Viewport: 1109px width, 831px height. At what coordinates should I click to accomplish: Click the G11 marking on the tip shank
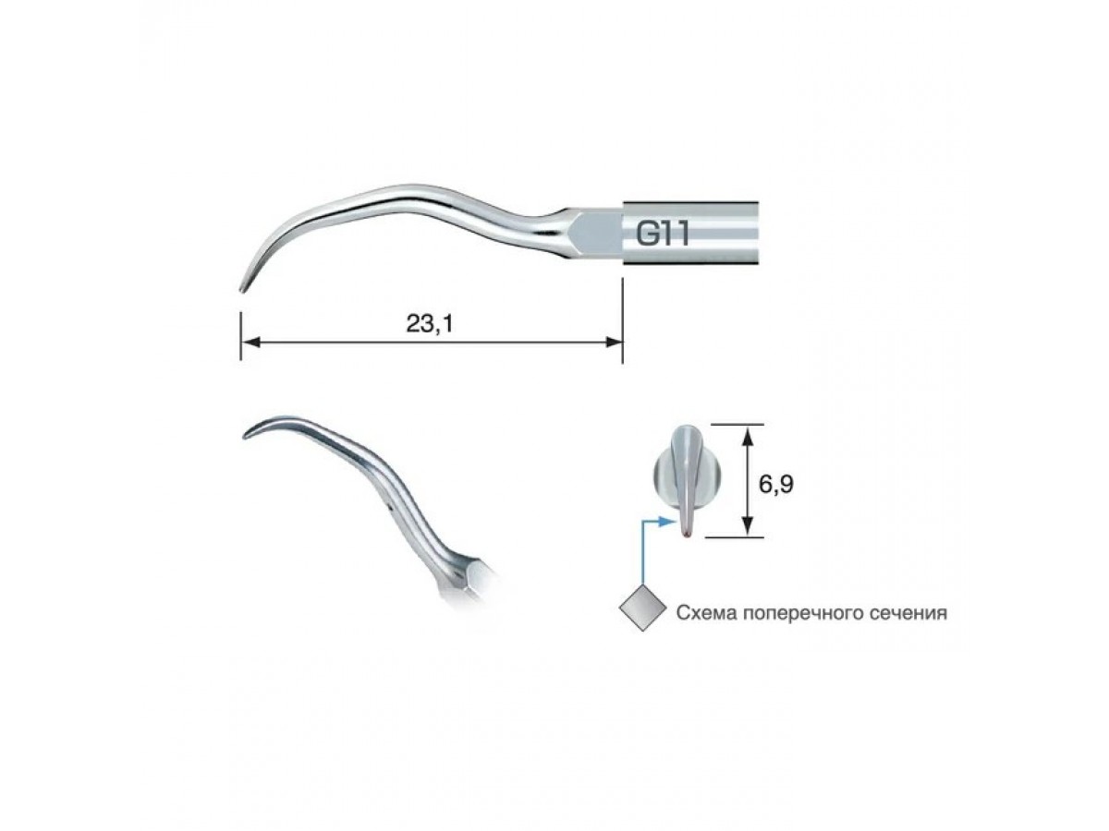click(x=662, y=235)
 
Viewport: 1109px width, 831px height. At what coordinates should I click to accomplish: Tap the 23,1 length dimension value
click(x=430, y=323)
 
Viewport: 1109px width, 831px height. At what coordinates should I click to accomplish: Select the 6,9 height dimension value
click(x=775, y=484)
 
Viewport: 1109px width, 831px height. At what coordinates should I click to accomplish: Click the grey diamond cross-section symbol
click(x=642, y=608)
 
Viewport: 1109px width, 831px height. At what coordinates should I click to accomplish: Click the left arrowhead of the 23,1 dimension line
click(x=250, y=343)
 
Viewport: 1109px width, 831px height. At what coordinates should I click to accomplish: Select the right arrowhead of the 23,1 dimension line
click(x=614, y=343)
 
